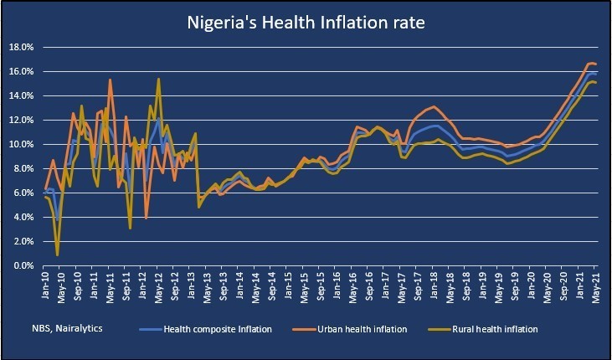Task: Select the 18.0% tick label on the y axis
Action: pos(20,48)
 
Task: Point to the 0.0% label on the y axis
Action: pos(22,266)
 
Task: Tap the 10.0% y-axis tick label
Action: pos(20,145)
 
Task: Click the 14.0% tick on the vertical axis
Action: pos(20,96)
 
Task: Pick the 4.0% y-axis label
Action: pos(22,218)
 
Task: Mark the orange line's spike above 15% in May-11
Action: pos(110,80)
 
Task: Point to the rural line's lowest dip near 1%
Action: pos(57,255)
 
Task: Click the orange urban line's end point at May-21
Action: pos(595,64)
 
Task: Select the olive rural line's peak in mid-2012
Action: pos(158,80)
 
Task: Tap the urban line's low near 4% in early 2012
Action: pos(147,218)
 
